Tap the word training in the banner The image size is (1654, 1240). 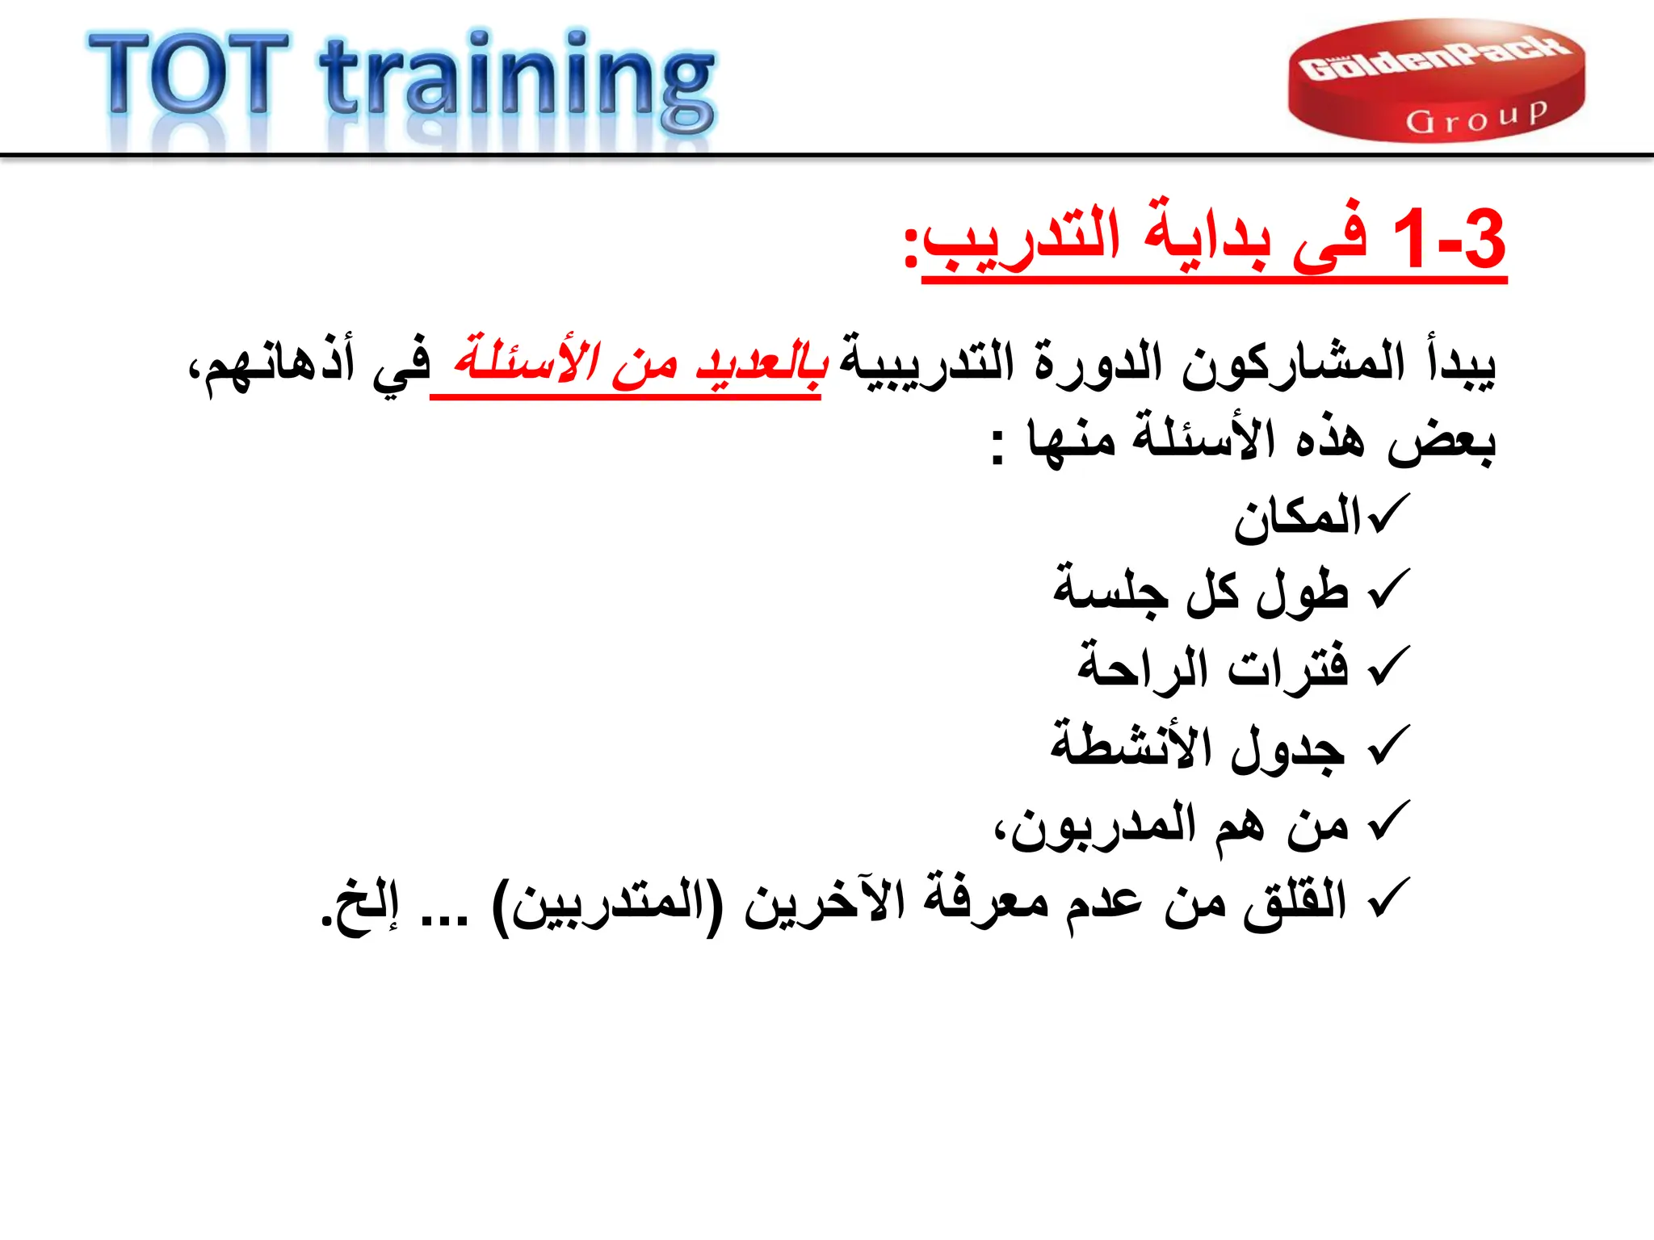517,81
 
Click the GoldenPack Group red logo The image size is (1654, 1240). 1436,81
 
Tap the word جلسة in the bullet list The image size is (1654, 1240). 1110,589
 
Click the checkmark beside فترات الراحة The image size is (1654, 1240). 1390,667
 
